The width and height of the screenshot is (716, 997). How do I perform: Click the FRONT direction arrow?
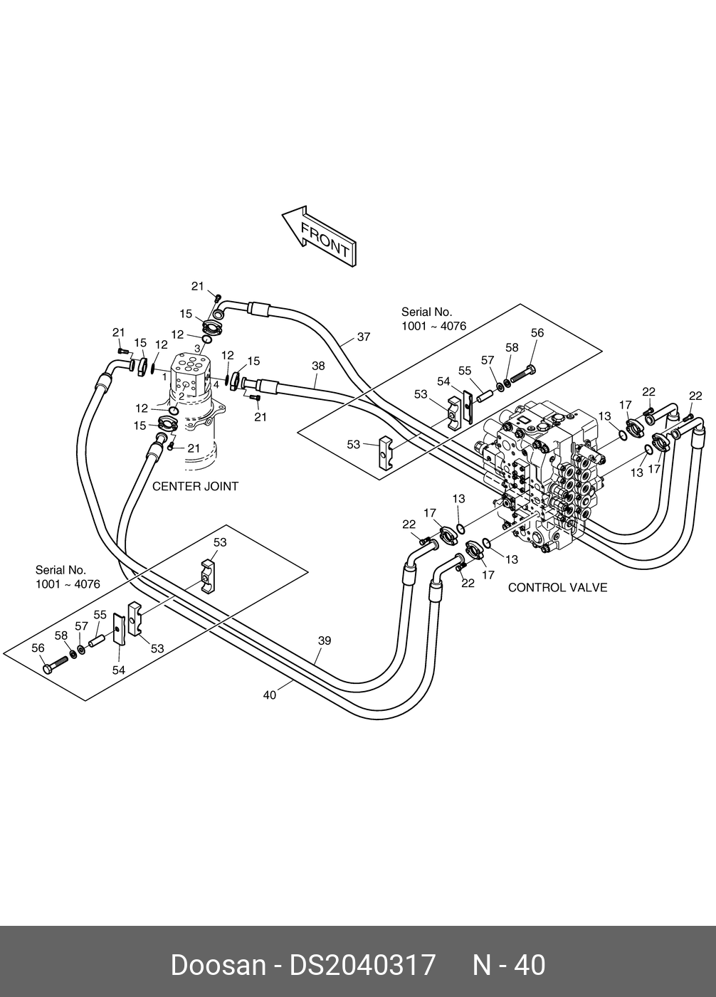click(x=319, y=236)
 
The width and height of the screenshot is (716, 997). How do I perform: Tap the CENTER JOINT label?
click(x=195, y=487)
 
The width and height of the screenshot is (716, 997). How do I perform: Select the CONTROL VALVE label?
click(x=557, y=588)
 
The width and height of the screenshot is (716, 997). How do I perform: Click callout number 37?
click(x=364, y=337)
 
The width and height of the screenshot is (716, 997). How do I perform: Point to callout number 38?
click(x=318, y=366)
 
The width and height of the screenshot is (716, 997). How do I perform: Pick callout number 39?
click(x=325, y=640)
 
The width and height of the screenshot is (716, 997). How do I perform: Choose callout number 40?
click(x=270, y=695)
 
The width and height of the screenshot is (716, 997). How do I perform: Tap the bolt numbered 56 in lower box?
click(x=56, y=665)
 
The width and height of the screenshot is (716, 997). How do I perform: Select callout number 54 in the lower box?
click(x=118, y=670)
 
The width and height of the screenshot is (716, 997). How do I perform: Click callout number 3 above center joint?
click(x=197, y=349)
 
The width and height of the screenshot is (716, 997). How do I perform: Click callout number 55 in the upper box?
click(x=465, y=370)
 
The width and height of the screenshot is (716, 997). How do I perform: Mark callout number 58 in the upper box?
click(x=512, y=347)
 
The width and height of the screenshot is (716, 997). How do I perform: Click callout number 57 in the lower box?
click(x=81, y=626)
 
